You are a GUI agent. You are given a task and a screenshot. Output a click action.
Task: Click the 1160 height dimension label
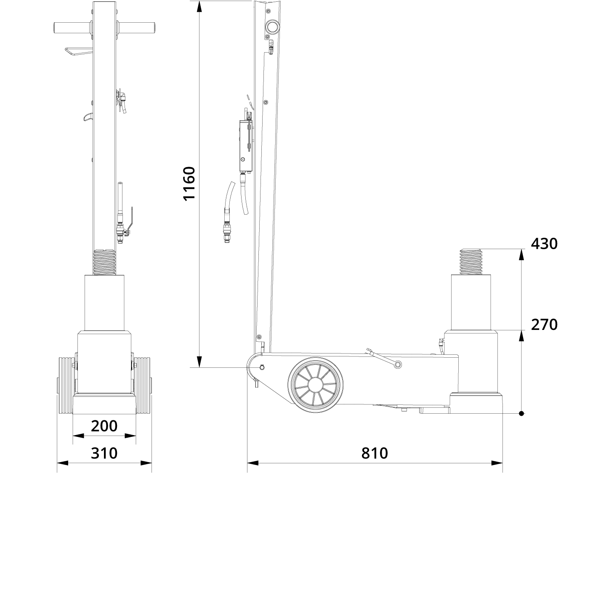coord(189,183)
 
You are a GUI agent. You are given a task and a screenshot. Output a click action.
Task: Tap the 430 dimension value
coord(544,244)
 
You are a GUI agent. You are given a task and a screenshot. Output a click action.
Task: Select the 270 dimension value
coord(544,324)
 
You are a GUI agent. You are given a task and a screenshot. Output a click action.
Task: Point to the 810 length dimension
coord(375,453)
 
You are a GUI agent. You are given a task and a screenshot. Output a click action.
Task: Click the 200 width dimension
coord(104,426)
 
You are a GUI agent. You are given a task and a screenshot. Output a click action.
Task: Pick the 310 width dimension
coord(104,453)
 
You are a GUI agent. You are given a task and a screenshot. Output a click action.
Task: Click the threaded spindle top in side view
coord(471,261)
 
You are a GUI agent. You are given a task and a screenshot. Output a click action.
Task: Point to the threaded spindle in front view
coord(104,261)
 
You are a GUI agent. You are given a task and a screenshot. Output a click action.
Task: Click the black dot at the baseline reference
coord(521,414)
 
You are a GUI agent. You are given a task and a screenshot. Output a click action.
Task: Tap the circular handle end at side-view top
coord(271,27)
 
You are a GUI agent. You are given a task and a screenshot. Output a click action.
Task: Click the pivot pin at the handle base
coord(262,367)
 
